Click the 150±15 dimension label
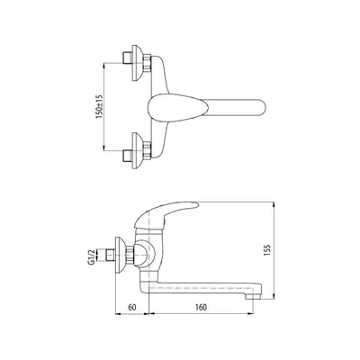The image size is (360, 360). pos(99,106)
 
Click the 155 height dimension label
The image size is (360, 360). pos(267,250)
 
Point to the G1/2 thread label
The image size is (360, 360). pos(92,257)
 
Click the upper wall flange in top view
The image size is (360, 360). pos(137,63)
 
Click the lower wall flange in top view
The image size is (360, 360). pos(137,150)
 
